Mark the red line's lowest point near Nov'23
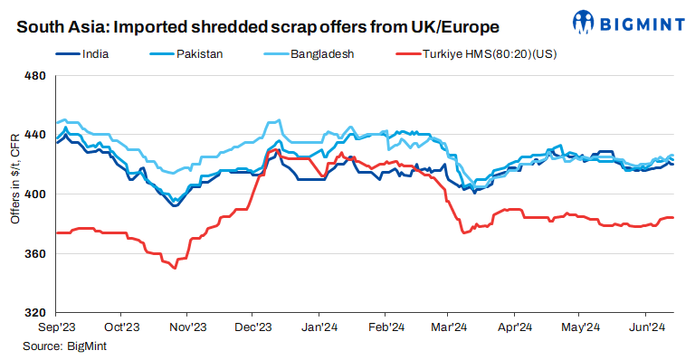click(175, 269)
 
